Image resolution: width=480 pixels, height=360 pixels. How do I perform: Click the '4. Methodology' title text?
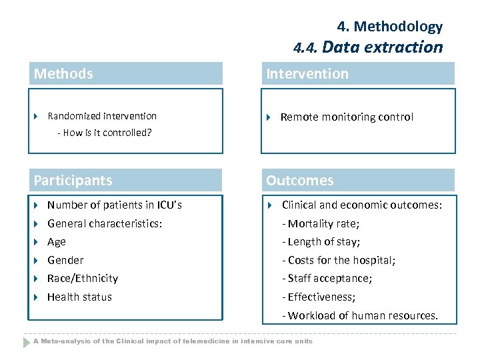pos(389,27)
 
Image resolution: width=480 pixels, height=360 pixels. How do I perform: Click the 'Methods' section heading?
pos(63,74)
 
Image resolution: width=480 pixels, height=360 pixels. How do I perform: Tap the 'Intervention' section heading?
pos(307,74)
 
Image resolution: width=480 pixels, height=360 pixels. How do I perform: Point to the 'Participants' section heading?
pos(73,181)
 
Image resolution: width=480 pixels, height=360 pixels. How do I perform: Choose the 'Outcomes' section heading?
pos(300,181)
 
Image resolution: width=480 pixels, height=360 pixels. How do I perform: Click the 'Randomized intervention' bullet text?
pos(102,116)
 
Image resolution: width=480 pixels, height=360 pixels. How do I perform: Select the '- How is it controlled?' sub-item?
pos(105,133)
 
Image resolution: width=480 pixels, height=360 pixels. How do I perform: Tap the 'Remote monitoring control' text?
pos(347,117)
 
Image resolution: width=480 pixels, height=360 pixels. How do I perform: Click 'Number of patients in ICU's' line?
pos(115,205)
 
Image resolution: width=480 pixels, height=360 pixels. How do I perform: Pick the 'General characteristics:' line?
pos(105,224)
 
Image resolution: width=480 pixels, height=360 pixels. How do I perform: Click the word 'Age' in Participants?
pos(57,242)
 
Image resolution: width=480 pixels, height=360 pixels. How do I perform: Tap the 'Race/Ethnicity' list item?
pos(83,279)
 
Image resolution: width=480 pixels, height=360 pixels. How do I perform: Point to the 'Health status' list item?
pos(79,297)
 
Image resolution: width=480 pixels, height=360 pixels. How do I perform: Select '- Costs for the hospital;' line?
pos(339,261)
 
